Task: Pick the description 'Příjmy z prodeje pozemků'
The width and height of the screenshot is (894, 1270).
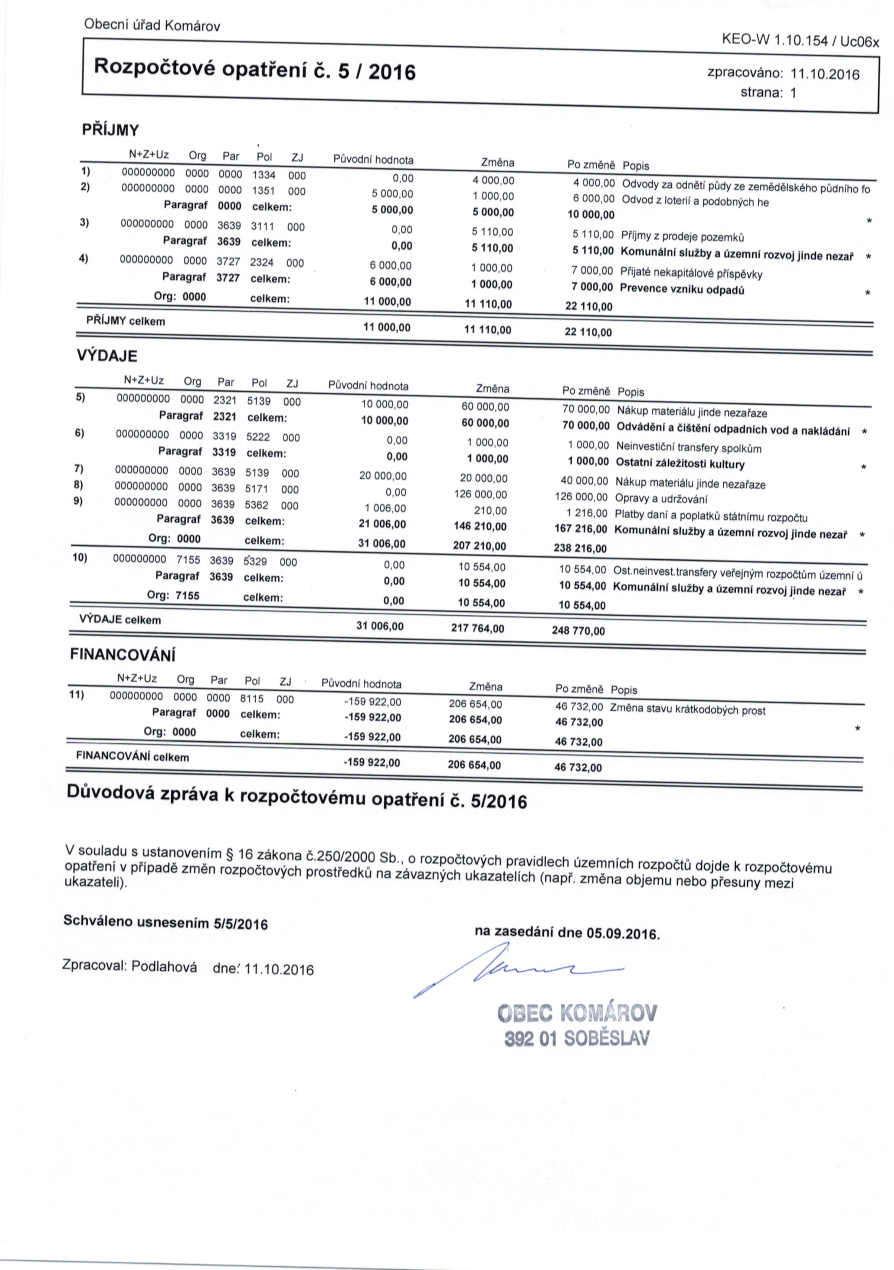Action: tap(682, 237)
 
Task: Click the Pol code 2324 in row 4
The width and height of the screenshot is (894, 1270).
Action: tap(262, 263)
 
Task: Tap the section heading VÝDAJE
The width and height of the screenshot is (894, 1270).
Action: tap(106, 356)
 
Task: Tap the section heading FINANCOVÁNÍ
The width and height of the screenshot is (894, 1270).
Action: tap(122, 655)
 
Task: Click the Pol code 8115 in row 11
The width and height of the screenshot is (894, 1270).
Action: tap(252, 698)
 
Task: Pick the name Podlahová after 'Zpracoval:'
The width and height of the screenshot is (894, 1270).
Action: tap(165, 983)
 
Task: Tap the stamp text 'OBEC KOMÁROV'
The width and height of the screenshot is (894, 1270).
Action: tap(577, 1014)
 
